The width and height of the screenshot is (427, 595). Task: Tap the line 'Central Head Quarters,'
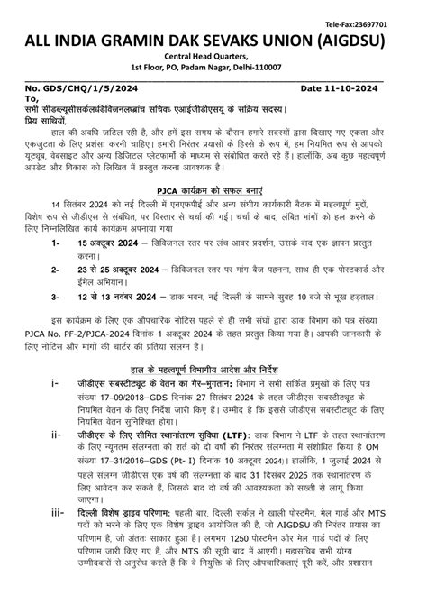213,59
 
